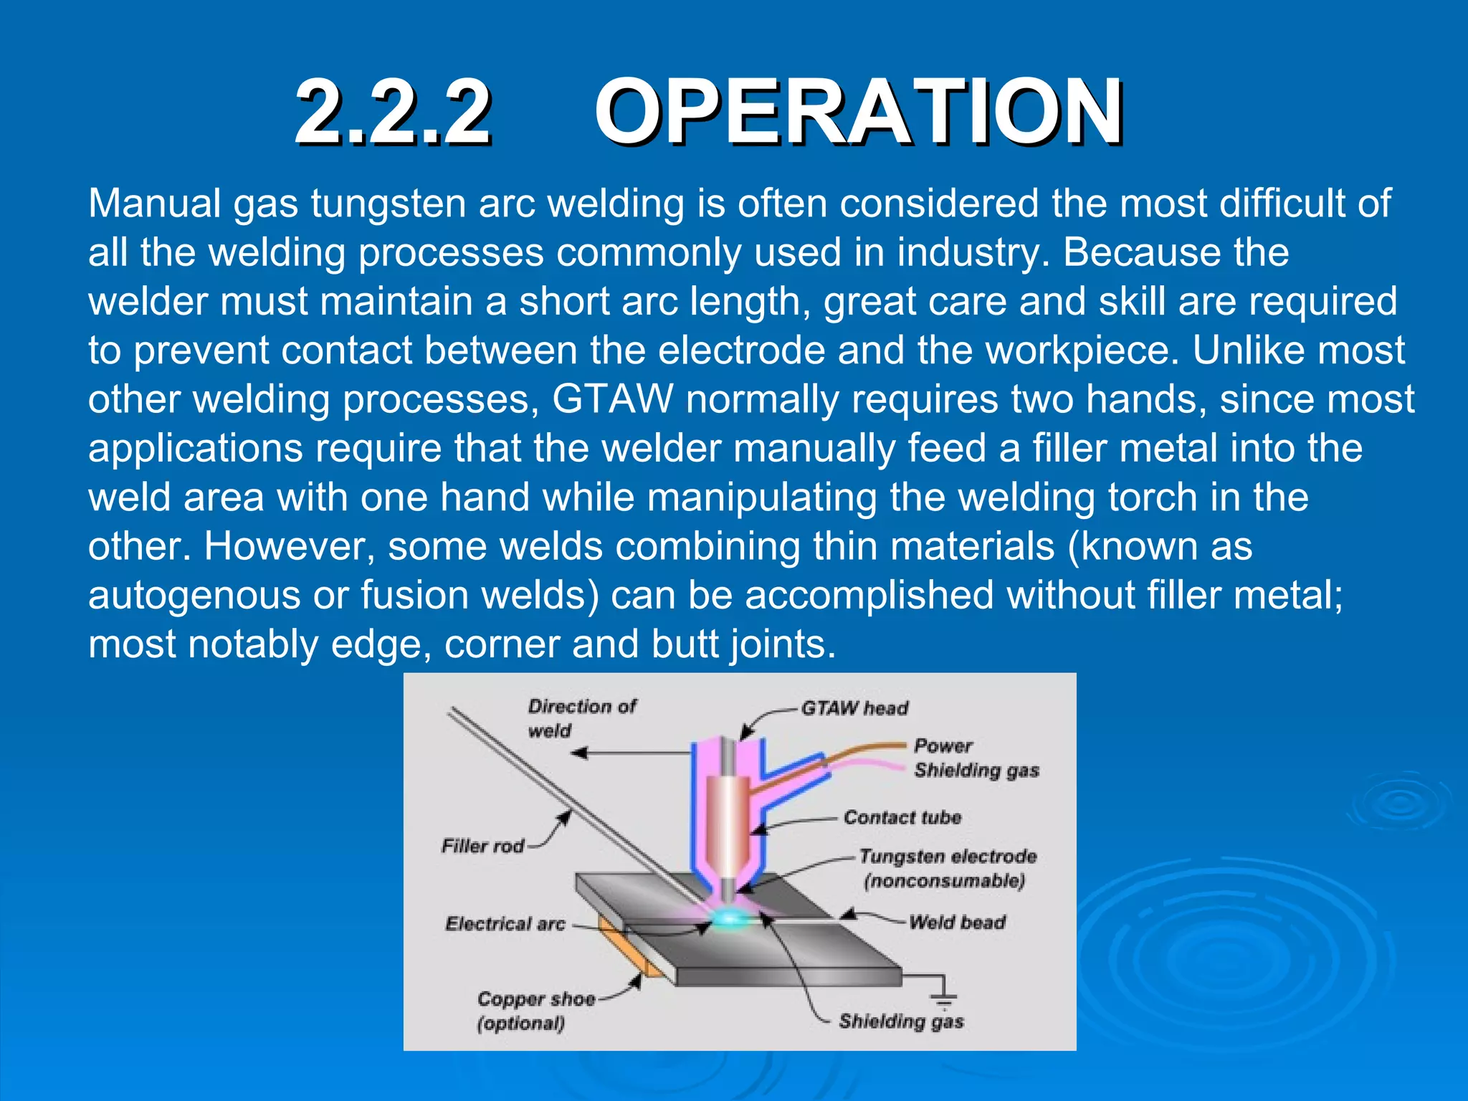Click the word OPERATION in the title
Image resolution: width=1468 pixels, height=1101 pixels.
858,113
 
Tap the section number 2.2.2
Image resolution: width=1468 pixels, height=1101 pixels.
393,113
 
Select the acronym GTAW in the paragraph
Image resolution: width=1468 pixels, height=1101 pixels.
612,399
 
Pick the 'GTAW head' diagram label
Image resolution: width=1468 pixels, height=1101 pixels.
854,708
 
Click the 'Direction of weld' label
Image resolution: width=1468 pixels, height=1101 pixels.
581,718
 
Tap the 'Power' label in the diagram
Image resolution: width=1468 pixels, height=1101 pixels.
943,745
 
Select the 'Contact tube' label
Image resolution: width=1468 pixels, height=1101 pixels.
902,817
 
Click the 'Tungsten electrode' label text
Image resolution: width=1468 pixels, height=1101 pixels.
948,857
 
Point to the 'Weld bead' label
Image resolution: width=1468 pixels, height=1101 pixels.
957,922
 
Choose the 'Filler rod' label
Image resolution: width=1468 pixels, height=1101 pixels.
482,847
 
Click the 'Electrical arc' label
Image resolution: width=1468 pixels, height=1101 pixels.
505,923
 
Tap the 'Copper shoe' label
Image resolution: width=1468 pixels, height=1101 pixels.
536,999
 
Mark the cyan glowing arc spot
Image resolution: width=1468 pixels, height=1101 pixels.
730,918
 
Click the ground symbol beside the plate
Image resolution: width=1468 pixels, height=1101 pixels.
945,998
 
